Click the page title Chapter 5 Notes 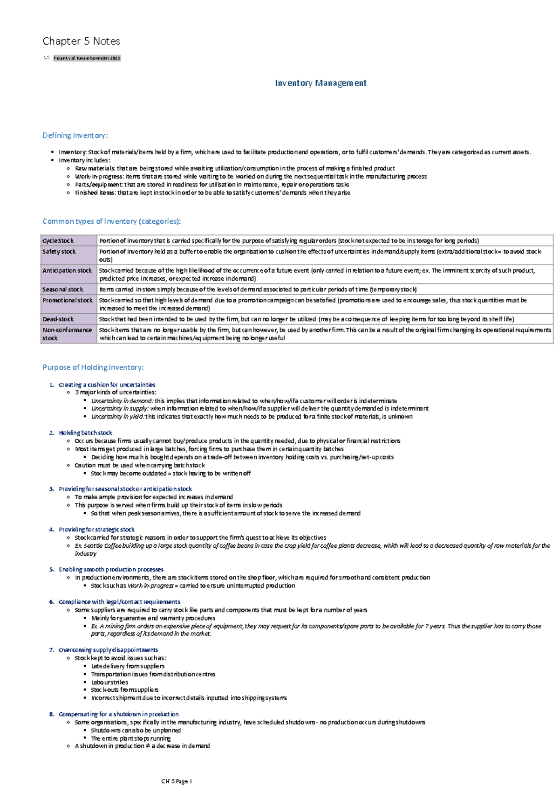click(x=81, y=41)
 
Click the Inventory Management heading click(x=320, y=83)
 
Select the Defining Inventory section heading click(x=75, y=135)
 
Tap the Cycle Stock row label click(x=58, y=241)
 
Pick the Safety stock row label click(x=59, y=251)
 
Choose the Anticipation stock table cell click(x=67, y=270)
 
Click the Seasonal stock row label click(x=63, y=289)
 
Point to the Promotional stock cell click(x=68, y=300)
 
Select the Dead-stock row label click(x=58, y=319)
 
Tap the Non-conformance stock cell click(x=67, y=334)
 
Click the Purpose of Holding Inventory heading click(x=93, y=367)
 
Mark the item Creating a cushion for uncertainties click(x=107, y=385)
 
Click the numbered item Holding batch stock click(x=85, y=433)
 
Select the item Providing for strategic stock click(x=96, y=530)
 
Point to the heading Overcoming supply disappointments click(x=108, y=650)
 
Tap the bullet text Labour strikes click(x=109, y=682)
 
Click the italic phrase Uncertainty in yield click(x=117, y=417)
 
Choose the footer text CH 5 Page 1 click(x=177, y=781)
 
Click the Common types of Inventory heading click(x=111, y=221)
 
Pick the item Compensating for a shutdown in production click(x=118, y=714)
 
